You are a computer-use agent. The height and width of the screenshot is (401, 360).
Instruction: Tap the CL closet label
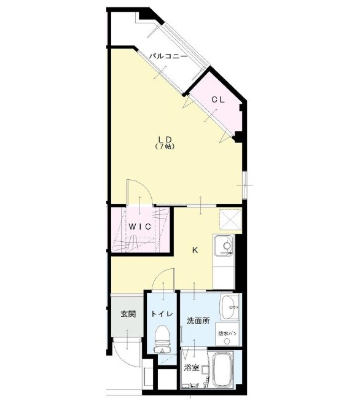click(x=218, y=99)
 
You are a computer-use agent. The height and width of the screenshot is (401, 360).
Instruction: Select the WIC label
click(x=139, y=225)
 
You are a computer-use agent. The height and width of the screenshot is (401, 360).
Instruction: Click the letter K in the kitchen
click(x=195, y=250)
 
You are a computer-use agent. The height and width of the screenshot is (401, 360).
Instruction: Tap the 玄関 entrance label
click(x=128, y=314)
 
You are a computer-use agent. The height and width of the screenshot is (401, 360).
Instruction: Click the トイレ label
click(x=162, y=314)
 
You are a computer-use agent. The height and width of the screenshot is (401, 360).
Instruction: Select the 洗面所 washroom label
click(x=198, y=321)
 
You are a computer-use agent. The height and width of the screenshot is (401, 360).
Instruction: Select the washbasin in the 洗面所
click(x=229, y=305)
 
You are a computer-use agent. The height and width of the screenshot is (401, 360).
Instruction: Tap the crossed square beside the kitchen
click(x=231, y=219)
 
